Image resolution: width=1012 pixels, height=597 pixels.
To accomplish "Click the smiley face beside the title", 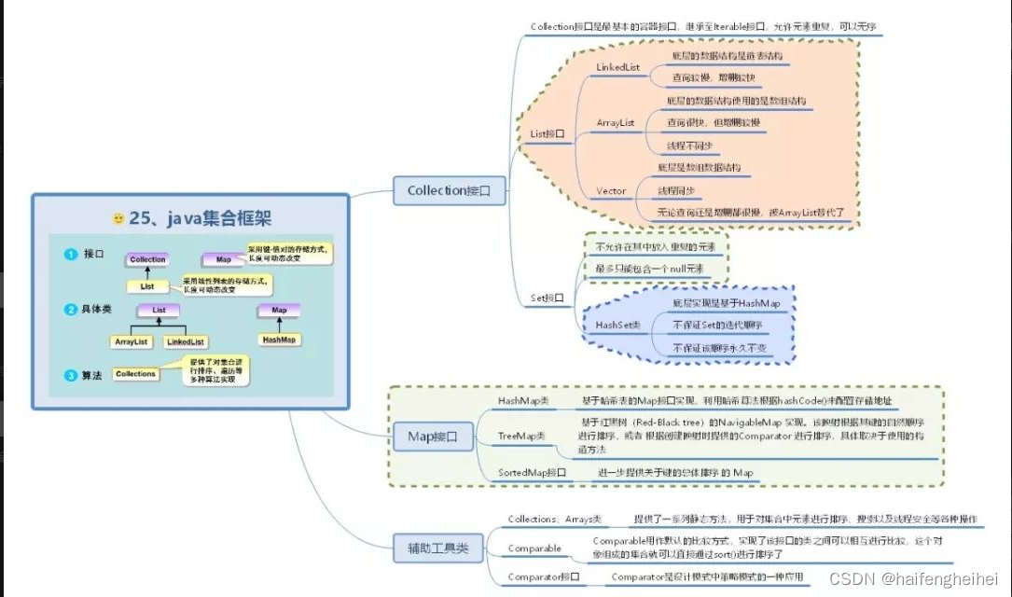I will (x=118, y=219).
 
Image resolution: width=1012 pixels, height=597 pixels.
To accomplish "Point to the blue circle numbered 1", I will (x=70, y=255).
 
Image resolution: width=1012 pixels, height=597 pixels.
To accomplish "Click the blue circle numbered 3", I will (x=70, y=375).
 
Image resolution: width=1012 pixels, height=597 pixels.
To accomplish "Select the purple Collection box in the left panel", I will (x=147, y=259).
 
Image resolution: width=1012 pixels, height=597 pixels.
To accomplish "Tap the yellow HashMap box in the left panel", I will (x=279, y=340).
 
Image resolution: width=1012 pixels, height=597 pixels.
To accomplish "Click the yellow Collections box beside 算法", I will (x=135, y=374).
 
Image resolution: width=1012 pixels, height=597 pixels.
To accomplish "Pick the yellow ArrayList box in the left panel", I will (x=131, y=341).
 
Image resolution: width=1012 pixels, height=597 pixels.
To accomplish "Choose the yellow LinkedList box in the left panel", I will (x=185, y=341).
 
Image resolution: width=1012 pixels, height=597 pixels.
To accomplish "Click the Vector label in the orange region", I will (x=611, y=191).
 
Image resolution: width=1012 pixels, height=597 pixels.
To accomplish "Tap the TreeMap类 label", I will (x=523, y=436).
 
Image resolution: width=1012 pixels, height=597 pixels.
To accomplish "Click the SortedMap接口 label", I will (x=533, y=473).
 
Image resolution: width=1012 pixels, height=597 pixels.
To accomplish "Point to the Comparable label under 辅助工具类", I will (x=534, y=548).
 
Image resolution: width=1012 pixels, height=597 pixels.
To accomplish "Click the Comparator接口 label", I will (x=544, y=577).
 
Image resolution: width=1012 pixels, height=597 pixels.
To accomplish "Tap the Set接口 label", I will (x=548, y=298).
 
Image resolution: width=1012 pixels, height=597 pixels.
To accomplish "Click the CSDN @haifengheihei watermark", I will (x=913, y=579).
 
